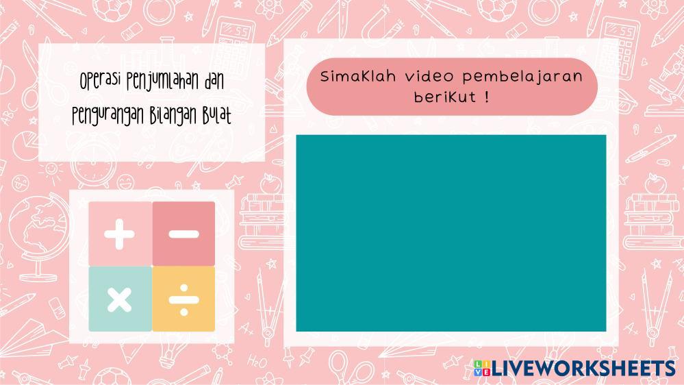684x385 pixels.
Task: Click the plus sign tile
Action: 120,234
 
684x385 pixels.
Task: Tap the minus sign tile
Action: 183,234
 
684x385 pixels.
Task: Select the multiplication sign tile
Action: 120,299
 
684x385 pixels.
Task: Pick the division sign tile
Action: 183,299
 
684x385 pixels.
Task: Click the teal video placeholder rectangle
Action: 451,233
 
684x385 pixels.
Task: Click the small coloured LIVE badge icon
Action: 482,368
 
